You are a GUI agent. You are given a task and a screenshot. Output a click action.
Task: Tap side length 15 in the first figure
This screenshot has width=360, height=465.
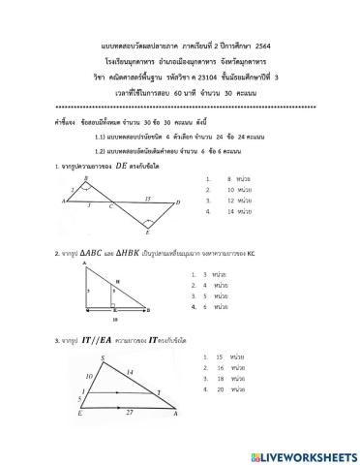click(146, 196)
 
